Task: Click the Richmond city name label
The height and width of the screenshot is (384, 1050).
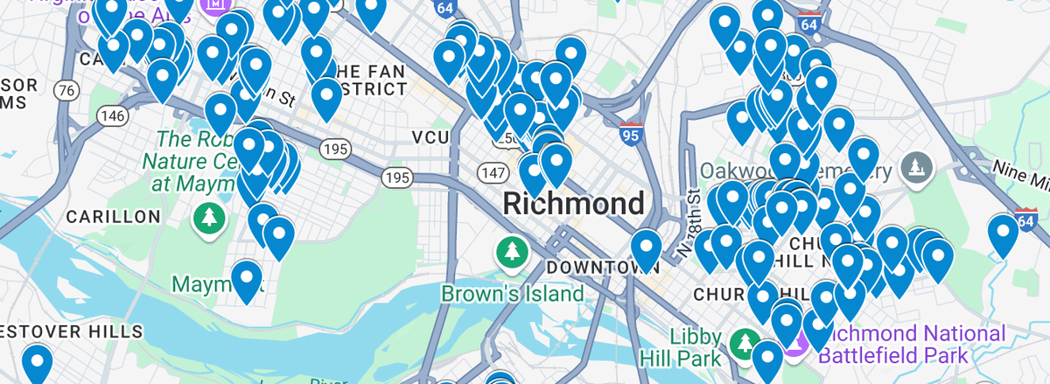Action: [x=573, y=204]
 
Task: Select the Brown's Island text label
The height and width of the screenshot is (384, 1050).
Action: [x=512, y=293]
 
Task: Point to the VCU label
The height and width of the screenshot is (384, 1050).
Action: [x=431, y=138]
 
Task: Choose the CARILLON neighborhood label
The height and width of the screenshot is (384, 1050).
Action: [x=113, y=216]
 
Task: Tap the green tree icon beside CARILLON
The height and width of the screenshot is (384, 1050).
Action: [x=208, y=219]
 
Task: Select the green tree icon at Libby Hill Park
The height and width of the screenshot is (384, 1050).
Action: [x=745, y=340]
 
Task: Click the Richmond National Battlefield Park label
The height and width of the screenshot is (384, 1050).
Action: [x=914, y=345]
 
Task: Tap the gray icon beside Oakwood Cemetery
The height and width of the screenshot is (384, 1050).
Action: [x=916, y=166]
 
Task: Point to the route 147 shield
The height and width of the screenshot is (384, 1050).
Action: [x=490, y=172]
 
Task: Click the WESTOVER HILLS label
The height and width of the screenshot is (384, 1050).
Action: [x=70, y=332]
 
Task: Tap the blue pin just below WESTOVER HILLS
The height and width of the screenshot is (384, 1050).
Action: [x=37, y=362]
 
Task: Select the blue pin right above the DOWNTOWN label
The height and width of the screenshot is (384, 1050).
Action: [x=646, y=248]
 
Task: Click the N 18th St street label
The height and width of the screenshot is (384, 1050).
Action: [x=688, y=223]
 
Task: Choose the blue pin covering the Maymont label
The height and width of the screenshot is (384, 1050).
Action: [x=247, y=279]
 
